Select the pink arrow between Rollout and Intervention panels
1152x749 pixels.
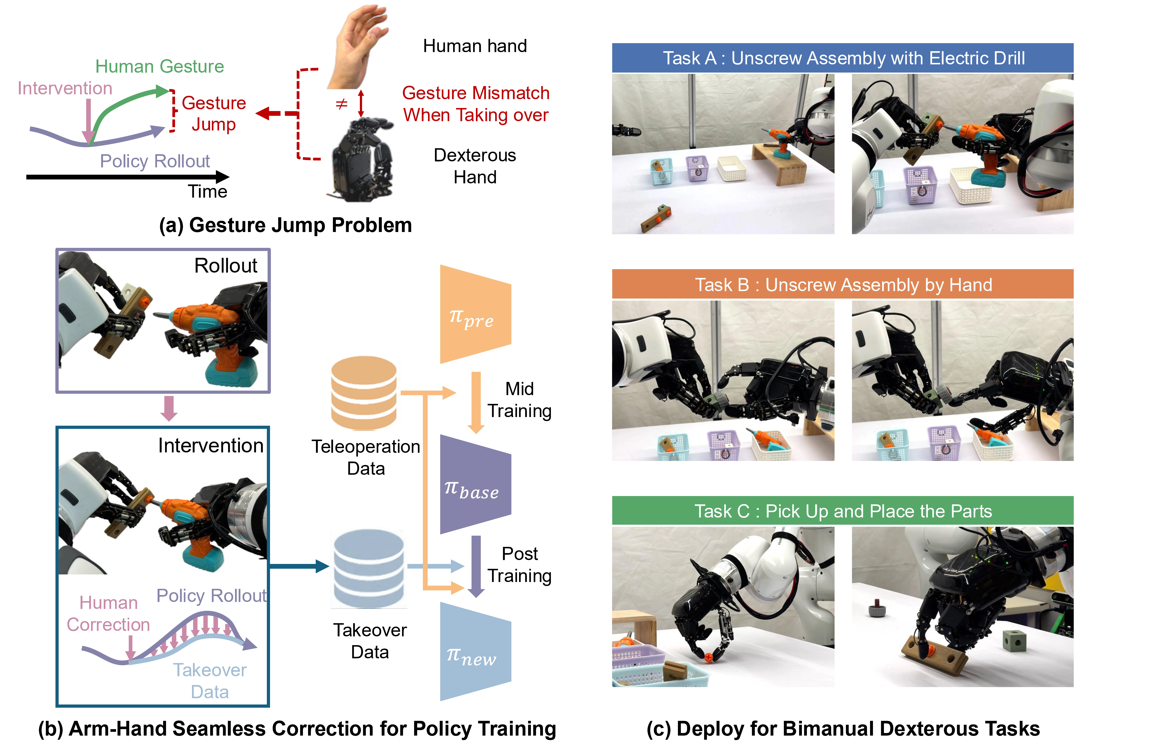pos(169,408)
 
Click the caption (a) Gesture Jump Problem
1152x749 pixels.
pos(286,225)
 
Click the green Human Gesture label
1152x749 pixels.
pos(160,66)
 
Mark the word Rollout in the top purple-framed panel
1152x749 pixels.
pos(226,266)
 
